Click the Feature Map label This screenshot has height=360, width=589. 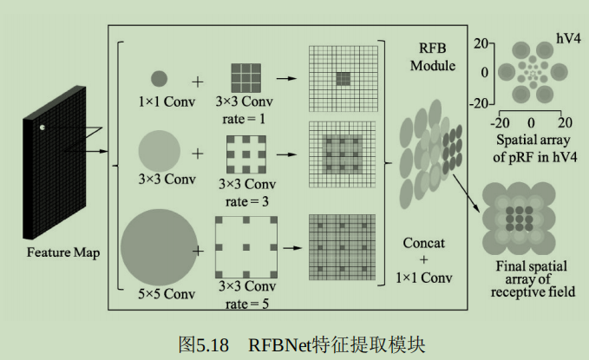pyautogui.click(x=62, y=252)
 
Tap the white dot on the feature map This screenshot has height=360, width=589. pyautogui.click(x=41, y=129)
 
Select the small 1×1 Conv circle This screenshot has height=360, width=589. pyautogui.click(x=160, y=79)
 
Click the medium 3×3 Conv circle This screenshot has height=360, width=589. pyautogui.click(x=159, y=149)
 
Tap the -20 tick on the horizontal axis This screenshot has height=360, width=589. pyautogui.click(x=501, y=121)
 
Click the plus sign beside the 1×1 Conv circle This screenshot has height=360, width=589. pyautogui.click(x=199, y=82)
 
